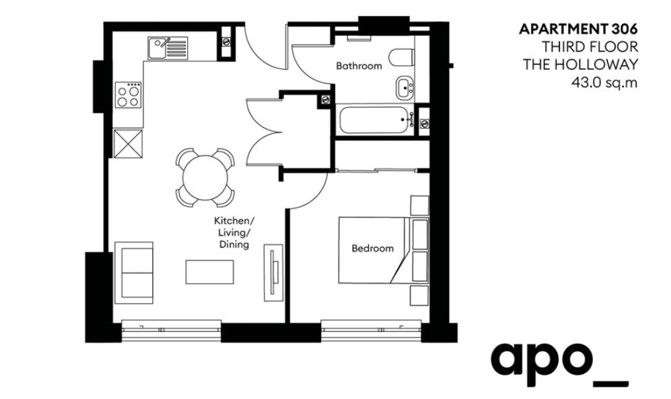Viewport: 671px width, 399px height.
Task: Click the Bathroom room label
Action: (x=359, y=66)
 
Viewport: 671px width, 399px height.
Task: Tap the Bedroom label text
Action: (x=372, y=248)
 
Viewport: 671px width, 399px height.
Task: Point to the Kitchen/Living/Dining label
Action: (x=234, y=233)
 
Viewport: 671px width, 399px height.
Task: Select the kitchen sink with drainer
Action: (x=168, y=48)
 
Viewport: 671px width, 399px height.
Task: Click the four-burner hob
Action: (x=129, y=95)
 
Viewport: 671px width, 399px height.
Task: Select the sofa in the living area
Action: (x=133, y=273)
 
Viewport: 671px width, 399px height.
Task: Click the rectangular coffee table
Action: (x=210, y=272)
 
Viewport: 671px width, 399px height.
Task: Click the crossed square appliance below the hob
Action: (x=128, y=144)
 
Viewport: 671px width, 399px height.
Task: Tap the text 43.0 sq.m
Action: (x=604, y=82)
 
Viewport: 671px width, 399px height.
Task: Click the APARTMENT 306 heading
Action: (x=578, y=29)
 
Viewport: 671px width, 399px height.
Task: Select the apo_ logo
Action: (x=560, y=363)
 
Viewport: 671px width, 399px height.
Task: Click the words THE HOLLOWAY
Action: (x=580, y=64)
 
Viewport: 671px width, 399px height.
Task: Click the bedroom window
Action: (x=372, y=330)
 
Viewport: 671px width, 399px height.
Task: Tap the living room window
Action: (x=171, y=330)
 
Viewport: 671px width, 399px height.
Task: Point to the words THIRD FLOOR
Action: (x=590, y=46)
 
